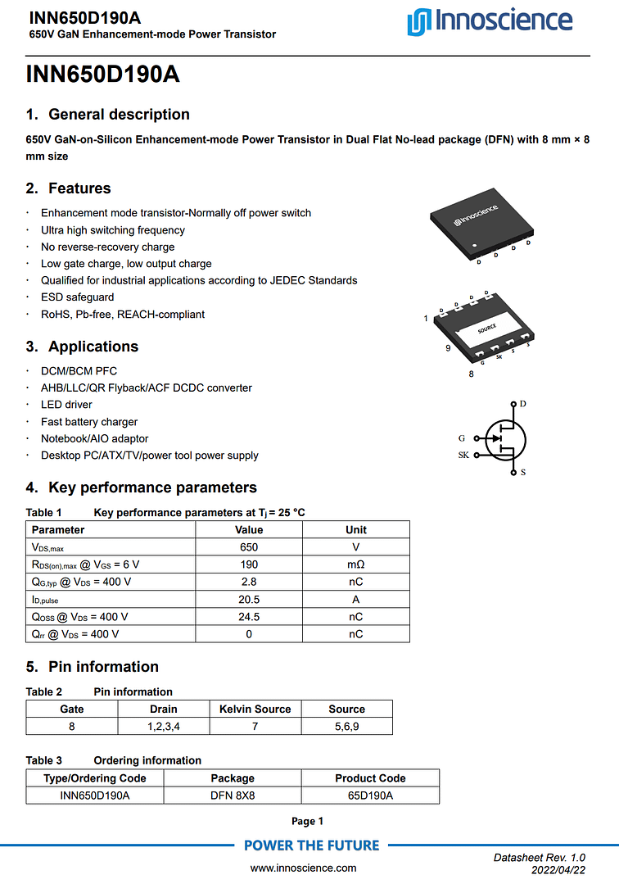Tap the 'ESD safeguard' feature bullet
pos(78,297)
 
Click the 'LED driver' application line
pos(66,405)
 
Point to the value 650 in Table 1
pos(249,547)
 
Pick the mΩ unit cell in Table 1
pos(355,564)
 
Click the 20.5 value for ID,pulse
pos(249,600)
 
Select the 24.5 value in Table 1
pos(249,617)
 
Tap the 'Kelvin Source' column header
pos(255,709)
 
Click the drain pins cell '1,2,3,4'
pos(164,727)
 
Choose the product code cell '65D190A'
pos(370,796)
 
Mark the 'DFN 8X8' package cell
pos(233,796)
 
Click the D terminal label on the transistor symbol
pos(522,404)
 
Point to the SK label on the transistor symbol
pos(463,455)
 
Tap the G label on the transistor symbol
pos(462,438)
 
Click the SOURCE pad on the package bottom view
pos(487,328)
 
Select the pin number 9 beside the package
pos(448,349)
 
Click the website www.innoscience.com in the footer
pos(303,868)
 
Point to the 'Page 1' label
pos(308,821)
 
